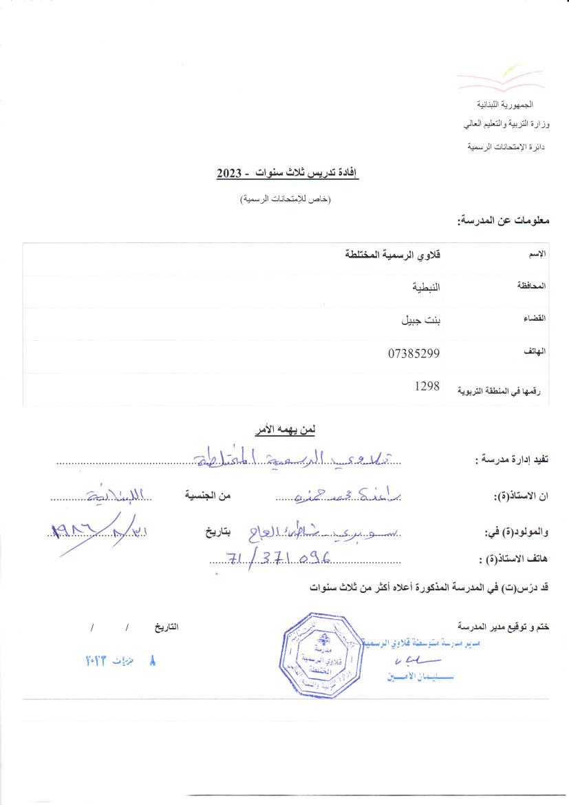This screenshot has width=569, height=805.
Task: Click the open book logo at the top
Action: pos(502,79)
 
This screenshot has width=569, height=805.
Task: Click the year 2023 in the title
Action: pos(229,174)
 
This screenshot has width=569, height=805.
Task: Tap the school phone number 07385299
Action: pos(414,354)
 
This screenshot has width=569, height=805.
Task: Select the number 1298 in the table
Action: pos(427,387)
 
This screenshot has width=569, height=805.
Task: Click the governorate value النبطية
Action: pos(421,287)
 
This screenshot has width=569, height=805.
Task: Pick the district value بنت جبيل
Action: pos(420,320)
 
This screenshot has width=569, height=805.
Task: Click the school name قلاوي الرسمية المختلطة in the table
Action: pos(392,255)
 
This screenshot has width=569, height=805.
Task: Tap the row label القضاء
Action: pos(535,319)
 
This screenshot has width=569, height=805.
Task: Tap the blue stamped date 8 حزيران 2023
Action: pos(118,660)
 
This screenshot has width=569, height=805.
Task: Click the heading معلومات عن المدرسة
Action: pos(504,221)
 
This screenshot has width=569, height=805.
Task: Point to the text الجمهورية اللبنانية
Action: pos(505,104)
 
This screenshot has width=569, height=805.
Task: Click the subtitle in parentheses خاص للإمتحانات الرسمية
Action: pos(285,200)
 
